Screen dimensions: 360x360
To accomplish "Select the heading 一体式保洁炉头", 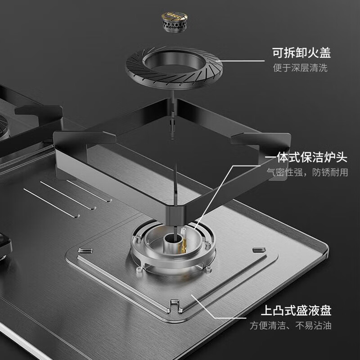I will tap(306, 158).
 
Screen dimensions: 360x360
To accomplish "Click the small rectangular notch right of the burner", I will tap(256, 249).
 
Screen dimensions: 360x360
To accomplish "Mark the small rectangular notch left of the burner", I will tap(82, 250).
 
